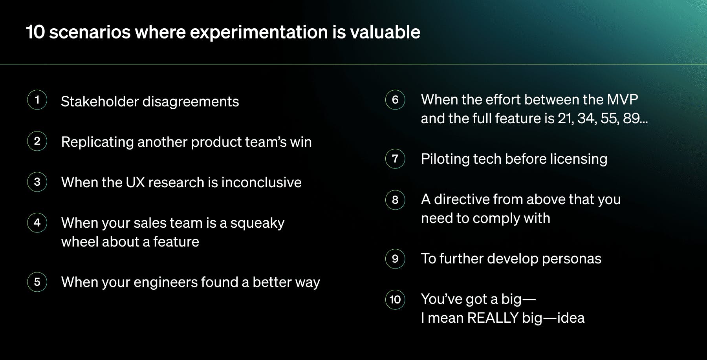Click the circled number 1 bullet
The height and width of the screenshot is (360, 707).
point(37,100)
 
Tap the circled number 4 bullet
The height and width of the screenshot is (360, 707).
point(37,223)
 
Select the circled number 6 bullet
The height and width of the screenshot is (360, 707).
point(395,100)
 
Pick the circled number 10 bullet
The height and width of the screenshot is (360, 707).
point(395,300)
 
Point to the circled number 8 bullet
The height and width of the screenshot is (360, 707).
point(395,200)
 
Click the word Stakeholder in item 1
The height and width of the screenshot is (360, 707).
point(100,102)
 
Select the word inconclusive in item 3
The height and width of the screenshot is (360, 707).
point(261,183)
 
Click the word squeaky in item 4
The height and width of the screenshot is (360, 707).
point(257,223)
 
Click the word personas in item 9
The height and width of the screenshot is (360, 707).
point(571,259)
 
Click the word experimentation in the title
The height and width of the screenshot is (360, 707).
point(259,32)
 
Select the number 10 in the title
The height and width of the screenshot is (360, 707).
point(36,32)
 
